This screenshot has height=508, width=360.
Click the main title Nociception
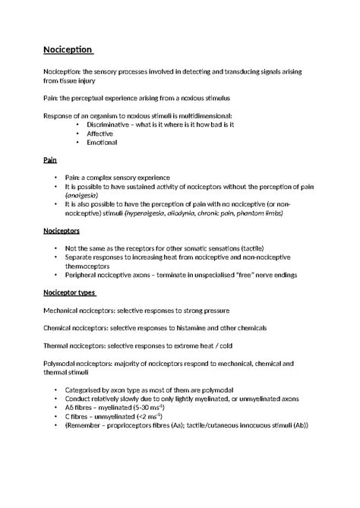pos(67,51)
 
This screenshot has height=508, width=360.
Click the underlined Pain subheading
pos(49,162)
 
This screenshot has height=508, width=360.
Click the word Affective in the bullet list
pos(99,133)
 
